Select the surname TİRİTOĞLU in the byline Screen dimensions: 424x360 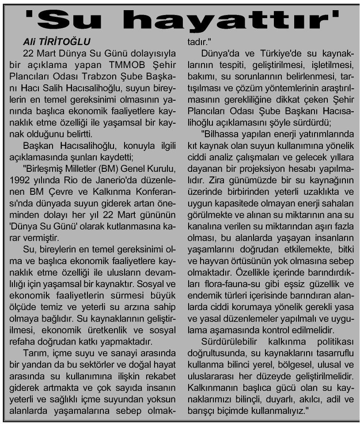click(x=69, y=42)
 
